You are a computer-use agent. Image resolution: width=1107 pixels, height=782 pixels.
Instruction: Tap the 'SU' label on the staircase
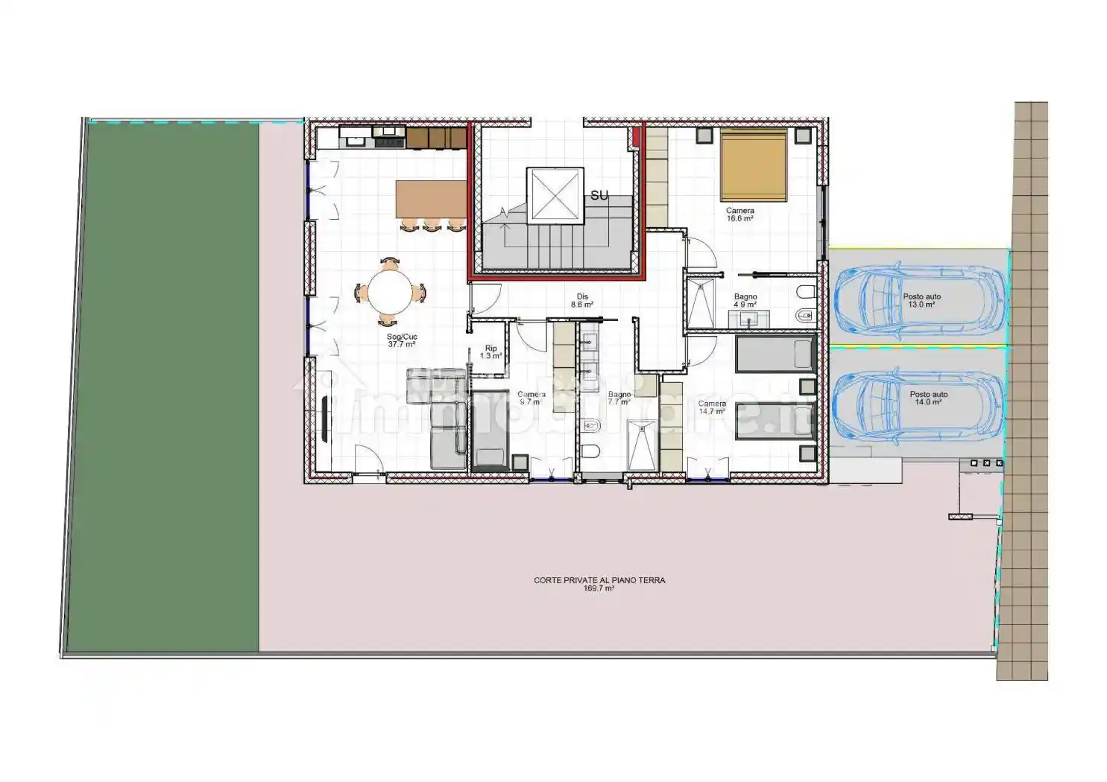point(599,196)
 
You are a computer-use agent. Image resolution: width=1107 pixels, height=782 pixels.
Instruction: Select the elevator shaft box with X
point(553,195)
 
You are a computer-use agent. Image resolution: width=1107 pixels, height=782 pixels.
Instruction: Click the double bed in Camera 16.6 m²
point(754,165)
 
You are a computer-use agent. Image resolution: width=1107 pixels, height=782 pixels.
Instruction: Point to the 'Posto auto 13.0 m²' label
point(921,300)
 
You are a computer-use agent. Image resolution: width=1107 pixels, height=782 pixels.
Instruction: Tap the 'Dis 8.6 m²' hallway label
point(582,300)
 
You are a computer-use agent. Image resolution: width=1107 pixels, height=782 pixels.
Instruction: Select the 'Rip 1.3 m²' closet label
point(491,352)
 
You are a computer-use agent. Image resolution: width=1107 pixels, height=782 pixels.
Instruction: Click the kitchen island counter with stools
point(431,199)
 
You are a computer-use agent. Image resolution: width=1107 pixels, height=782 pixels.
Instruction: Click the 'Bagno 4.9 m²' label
point(745,301)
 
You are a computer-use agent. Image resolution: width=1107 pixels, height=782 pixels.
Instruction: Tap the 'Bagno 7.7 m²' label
point(619,398)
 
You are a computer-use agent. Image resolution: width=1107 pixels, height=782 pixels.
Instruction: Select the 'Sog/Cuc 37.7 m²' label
point(402,340)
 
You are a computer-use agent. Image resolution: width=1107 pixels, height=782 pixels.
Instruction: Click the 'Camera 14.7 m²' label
point(711,407)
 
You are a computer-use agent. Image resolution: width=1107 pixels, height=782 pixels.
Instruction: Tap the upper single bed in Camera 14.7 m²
point(775,354)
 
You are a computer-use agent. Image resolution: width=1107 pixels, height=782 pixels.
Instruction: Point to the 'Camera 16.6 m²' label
point(739,214)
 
